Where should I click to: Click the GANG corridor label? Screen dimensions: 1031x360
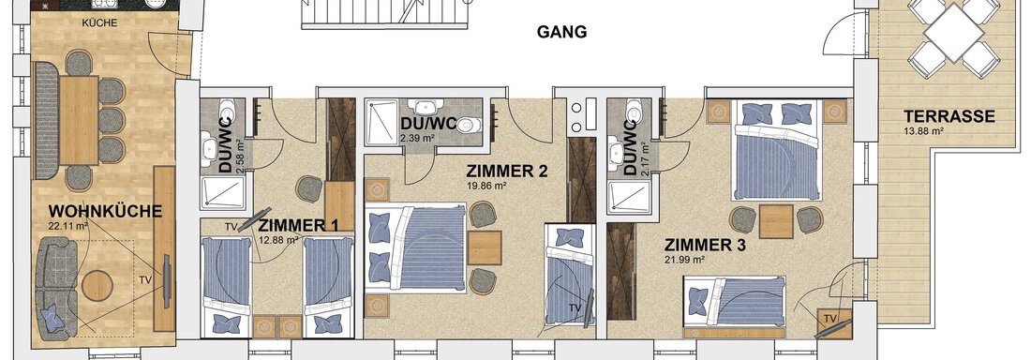561,32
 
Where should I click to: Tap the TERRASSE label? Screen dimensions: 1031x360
949,116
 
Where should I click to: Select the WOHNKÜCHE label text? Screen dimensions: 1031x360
105,212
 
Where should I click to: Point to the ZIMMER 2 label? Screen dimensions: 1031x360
507,172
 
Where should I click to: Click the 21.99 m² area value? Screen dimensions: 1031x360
684,260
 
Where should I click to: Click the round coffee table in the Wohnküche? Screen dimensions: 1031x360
97,286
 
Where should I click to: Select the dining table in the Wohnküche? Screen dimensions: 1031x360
78,120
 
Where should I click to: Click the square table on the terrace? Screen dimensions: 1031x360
953,34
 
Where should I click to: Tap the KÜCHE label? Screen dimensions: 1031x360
99,23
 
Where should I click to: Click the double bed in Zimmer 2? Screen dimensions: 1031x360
415,247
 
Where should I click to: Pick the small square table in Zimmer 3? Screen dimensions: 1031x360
776,221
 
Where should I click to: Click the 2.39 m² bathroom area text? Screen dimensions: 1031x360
417,138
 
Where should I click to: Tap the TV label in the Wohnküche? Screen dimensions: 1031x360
146,279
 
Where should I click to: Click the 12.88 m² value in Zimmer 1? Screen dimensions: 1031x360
279,240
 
